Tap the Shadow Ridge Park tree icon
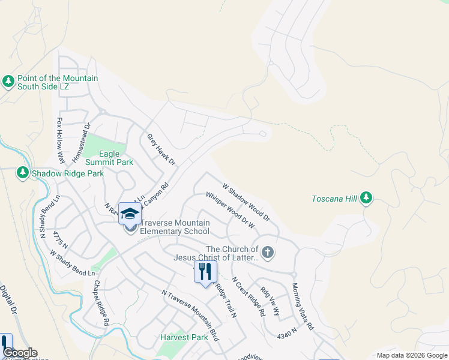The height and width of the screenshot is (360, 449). click(x=23, y=173)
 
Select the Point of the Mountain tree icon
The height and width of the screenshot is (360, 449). click(x=8, y=81)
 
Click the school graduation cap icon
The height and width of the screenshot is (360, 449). click(x=130, y=214)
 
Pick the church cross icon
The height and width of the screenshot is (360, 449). click(x=268, y=253)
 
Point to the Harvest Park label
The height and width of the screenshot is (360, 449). click(x=184, y=337)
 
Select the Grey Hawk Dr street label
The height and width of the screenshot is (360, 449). click(x=161, y=149)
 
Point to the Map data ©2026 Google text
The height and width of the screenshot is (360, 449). click(x=411, y=355)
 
